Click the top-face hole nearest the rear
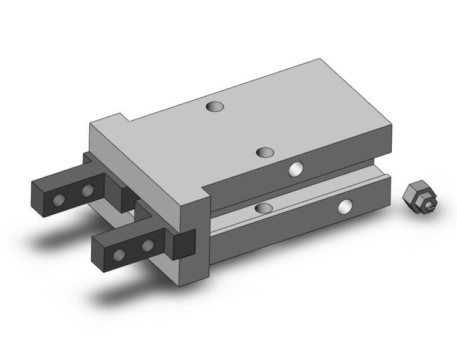tap(214, 107)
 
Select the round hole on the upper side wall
tap(296, 169)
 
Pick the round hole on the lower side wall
tap(345, 207)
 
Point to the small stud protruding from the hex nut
tap(431, 207)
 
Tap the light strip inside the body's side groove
tap(300, 204)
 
